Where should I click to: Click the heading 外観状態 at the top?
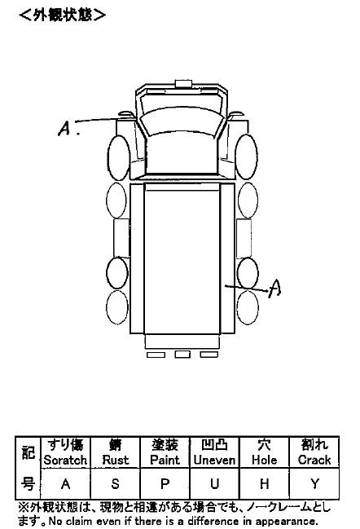63,15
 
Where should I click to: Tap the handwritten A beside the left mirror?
64,129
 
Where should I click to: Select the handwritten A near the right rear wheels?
274,288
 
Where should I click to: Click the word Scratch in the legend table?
65,460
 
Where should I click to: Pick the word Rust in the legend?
116,460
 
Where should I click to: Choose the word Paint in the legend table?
165,460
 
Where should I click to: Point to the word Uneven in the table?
214,460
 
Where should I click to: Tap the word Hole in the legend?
264,460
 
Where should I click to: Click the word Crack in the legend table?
314,460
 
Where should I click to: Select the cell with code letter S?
116,483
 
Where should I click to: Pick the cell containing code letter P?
165,483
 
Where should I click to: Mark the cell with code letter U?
214,483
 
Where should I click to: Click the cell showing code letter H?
264,483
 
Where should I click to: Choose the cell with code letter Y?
314,483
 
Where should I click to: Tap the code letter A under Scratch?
65,484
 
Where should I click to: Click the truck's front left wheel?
119,157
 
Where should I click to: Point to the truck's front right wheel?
247,156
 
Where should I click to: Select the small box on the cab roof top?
183,83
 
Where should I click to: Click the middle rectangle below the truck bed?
182,355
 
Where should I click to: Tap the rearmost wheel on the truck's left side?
117,307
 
